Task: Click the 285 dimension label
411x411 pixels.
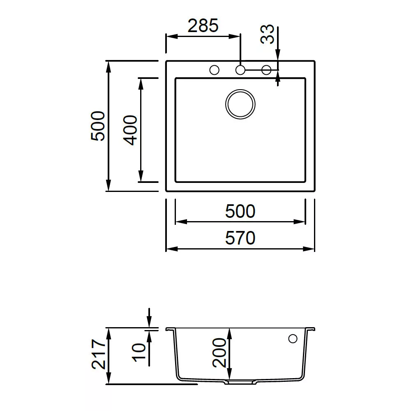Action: [x=203, y=25]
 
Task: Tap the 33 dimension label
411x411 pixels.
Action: [x=268, y=34]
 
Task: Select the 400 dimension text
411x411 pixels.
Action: [x=130, y=130]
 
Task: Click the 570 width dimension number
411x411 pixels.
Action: [x=240, y=238]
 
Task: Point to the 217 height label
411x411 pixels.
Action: [x=99, y=354]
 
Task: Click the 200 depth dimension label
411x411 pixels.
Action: [x=219, y=353]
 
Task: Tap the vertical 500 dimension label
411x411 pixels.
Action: [x=98, y=126]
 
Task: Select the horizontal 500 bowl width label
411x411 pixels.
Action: [x=240, y=211]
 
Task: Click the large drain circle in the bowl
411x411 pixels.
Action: [x=240, y=90]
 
